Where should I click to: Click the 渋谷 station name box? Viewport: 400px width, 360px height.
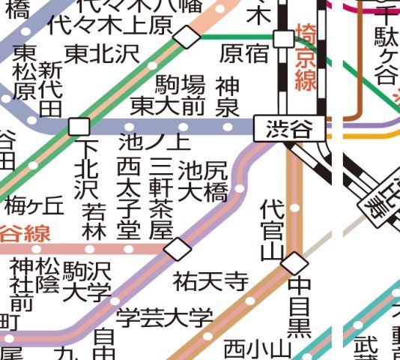(x=291, y=129)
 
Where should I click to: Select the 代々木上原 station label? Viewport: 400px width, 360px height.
(x=109, y=26)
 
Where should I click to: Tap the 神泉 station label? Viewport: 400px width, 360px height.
(x=227, y=95)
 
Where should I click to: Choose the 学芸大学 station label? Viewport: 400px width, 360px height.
(x=164, y=317)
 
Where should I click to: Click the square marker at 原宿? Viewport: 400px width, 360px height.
(x=284, y=38)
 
